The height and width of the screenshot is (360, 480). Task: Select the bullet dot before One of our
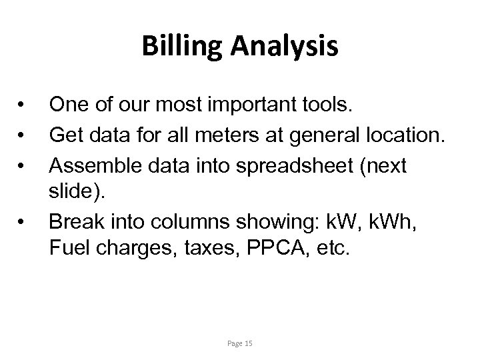click(x=22, y=105)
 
